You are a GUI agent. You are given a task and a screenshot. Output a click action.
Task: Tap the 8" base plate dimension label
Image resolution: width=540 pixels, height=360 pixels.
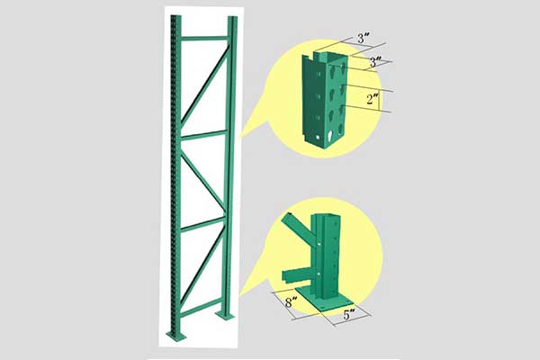(291, 302)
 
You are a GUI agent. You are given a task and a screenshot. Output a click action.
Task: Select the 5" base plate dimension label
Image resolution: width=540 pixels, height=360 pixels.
(349, 314)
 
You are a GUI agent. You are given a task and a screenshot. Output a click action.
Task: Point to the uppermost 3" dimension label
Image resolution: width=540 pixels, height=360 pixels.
(364, 38)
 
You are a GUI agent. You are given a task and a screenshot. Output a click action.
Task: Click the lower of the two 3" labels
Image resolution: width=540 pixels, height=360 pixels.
(375, 62)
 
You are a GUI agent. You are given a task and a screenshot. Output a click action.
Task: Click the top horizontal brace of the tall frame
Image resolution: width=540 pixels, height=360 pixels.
(204, 38)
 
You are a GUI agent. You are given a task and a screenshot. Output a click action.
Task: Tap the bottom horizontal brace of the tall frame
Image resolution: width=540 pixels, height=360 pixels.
(202, 308)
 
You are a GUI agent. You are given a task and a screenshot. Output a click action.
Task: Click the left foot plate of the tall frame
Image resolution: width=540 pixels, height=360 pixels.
(176, 335)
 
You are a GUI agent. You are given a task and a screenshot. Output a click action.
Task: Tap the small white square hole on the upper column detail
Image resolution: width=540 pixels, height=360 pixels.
(317, 138)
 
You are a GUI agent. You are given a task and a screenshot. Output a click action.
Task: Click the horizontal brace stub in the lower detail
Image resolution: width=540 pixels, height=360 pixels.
(297, 274)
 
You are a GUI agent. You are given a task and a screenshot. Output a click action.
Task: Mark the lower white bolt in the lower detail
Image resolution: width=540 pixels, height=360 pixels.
(319, 274)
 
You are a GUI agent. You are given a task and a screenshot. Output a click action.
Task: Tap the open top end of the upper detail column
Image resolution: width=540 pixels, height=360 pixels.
(330, 54)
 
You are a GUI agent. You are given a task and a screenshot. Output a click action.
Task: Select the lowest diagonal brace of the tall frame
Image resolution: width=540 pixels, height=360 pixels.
(202, 265)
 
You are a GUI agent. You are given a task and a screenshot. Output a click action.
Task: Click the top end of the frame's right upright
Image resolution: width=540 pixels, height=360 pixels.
(232, 17)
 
